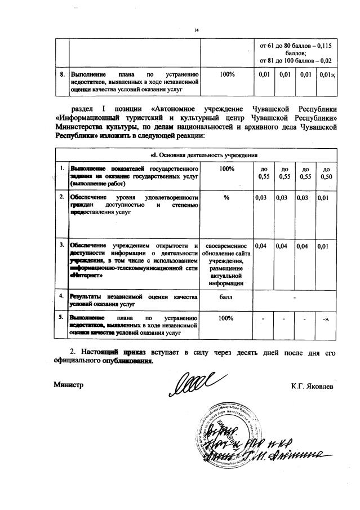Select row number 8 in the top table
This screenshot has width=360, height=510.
click(63, 74)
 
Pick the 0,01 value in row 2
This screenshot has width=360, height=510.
click(324, 197)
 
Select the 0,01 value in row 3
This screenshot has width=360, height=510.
click(324, 246)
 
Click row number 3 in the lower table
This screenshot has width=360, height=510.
click(62, 246)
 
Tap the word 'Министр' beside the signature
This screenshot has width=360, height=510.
click(68, 385)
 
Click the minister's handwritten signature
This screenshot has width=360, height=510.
click(192, 384)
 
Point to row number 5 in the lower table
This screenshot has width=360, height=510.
click(62, 318)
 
